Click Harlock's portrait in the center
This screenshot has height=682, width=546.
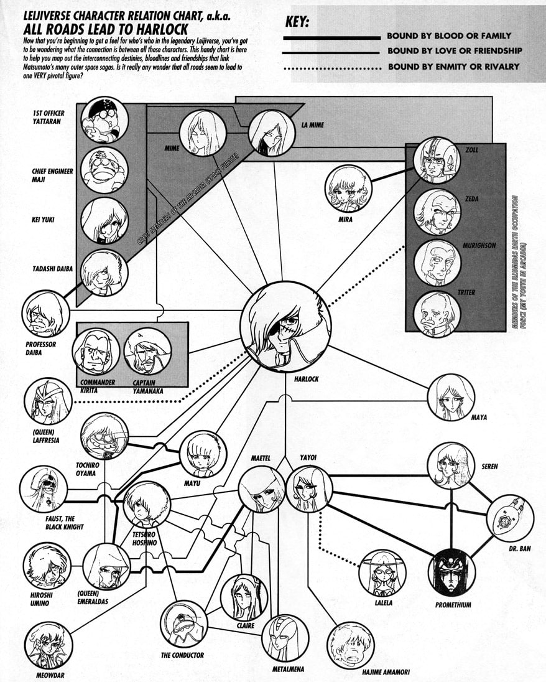click(285, 326)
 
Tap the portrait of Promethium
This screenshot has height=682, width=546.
click(451, 572)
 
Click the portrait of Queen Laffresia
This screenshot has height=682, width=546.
click(48, 401)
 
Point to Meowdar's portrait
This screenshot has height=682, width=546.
click(48, 645)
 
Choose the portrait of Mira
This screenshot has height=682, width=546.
click(348, 189)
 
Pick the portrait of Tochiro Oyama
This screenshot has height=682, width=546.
click(104, 436)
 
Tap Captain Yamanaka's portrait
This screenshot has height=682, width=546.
click(147, 352)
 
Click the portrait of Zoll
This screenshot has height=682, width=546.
click(437, 160)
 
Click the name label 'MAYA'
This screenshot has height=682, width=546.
click(479, 418)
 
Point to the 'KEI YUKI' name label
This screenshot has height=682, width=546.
click(43, 220)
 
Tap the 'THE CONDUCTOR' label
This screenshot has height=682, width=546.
click(182, 655)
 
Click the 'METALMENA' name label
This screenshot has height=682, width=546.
click(288, 670)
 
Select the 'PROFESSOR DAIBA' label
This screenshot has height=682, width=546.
click(41, 348)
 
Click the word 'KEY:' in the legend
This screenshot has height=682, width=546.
click(297, 22)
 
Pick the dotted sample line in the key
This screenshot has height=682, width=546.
click(332, 68)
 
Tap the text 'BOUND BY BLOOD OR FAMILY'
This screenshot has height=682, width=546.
click(449, 35)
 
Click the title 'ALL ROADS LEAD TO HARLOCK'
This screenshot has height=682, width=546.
click(106, 29)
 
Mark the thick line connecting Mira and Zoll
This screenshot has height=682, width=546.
click(392, 175)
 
